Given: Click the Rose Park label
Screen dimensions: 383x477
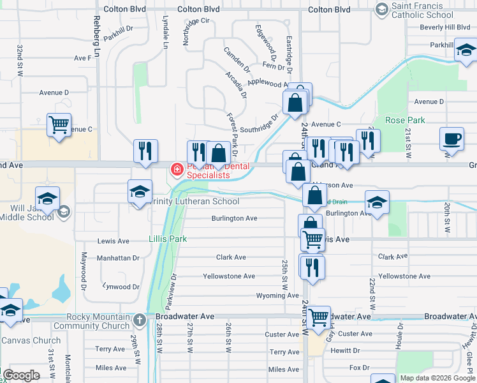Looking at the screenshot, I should coord(405,120).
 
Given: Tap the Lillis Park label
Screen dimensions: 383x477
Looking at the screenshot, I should coord(168,239).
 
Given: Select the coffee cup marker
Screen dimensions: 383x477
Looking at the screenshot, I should coord(452,139).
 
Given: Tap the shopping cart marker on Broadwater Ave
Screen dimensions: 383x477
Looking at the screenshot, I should coord(318,317).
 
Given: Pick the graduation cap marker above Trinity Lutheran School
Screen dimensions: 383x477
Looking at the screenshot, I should coord(140,191).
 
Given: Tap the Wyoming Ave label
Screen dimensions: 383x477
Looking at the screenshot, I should coord(277,296).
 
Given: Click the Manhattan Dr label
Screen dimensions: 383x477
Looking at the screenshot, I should coord(118,258).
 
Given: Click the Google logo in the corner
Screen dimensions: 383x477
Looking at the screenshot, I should coord(22,375).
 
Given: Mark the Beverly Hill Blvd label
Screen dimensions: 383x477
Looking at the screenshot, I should coord(444,27).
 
